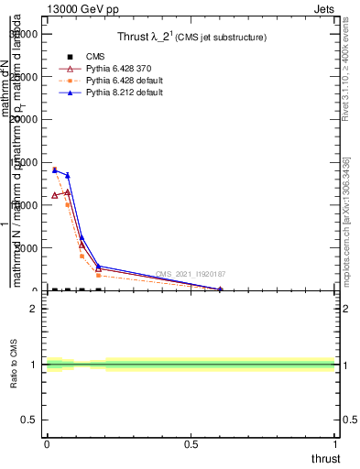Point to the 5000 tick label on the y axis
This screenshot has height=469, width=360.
27,248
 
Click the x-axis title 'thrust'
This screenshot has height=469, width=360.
325,459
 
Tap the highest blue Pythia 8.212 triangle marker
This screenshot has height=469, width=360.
54,169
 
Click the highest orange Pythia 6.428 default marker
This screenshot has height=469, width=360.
54,169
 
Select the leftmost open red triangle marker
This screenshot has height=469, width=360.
54,195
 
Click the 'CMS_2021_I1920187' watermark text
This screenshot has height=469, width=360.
191,274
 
